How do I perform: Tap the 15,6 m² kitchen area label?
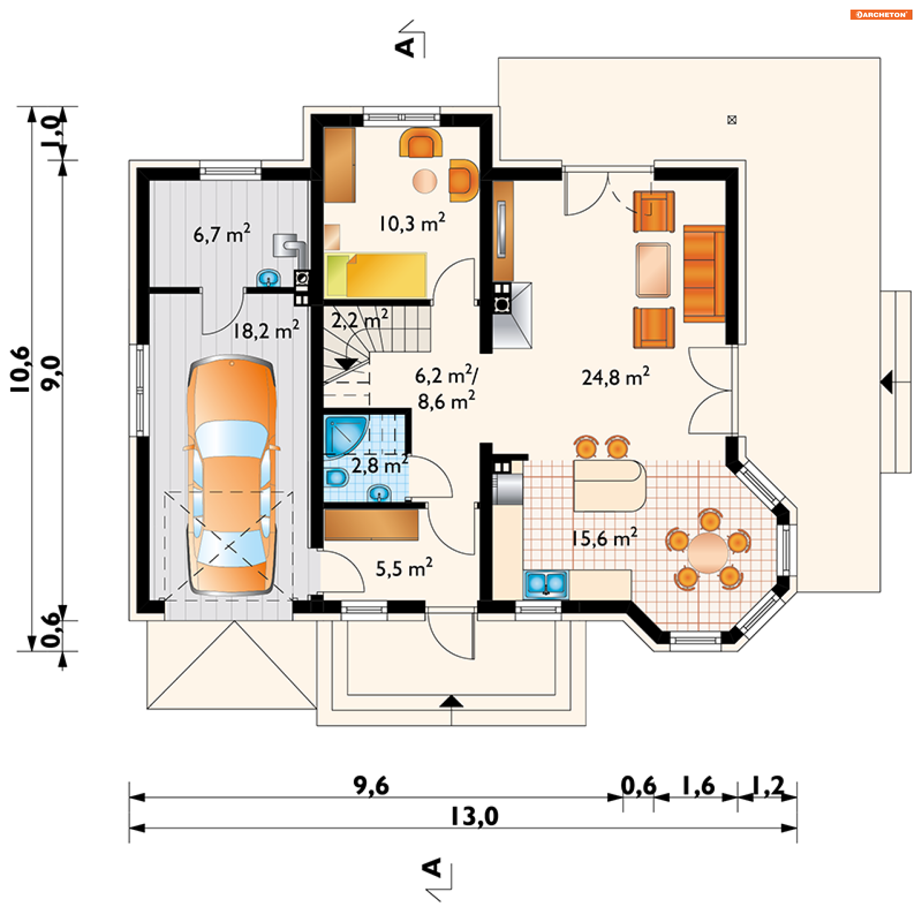click(605, 537)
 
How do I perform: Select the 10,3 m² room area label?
click(412, 223)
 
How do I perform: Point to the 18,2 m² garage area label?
click(266, 330)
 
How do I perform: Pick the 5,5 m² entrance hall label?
click(404, 568)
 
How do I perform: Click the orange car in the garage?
click(231, 475)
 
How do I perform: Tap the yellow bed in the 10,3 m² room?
click(376, 275)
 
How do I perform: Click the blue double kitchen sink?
click(546, 584)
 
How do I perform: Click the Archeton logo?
click(881, 14)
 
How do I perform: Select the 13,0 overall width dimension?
click(474, 816)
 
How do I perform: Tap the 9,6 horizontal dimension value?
click(371, 786)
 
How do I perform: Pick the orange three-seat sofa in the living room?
click(704, 274)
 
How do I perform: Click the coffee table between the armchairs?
click(653, 270)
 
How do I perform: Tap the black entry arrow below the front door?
click(451, 702)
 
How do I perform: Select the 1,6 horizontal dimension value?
click(698, 786)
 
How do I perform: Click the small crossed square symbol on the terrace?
click(732, 120)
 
